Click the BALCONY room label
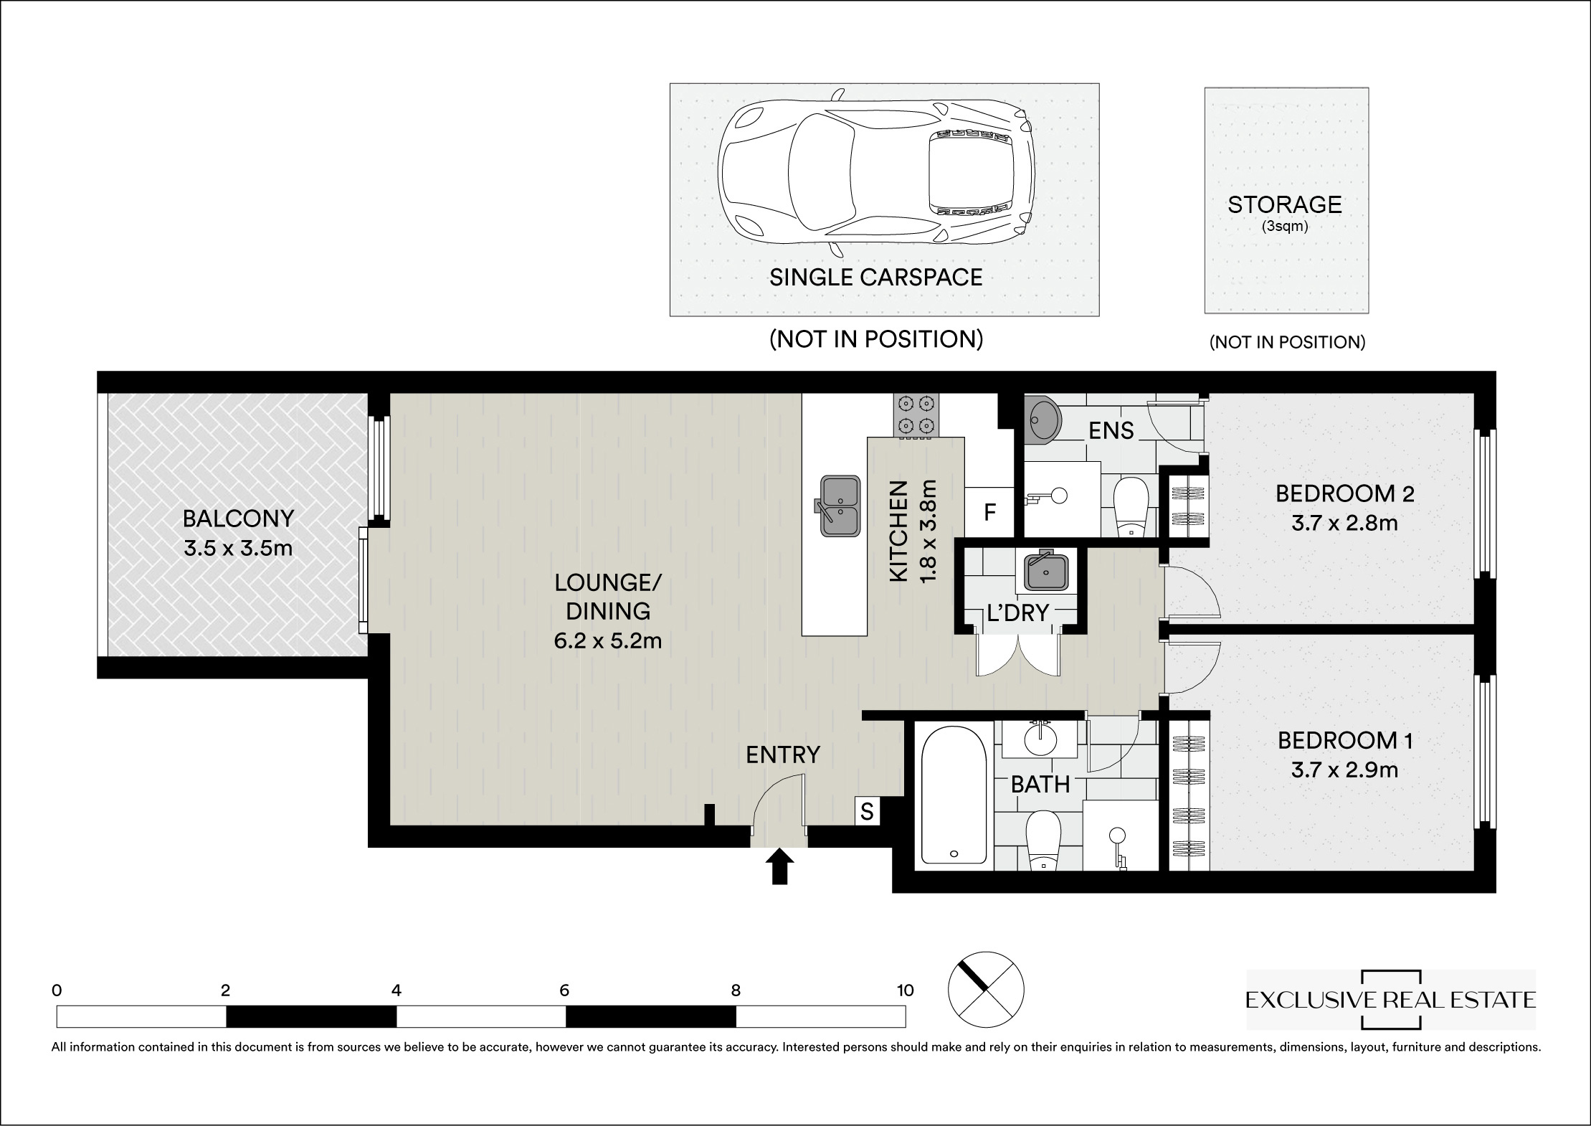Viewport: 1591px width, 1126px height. pyautogui.click(x=238, y=517)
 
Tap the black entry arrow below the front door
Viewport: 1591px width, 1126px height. pyautogui.click(x=779, y=866)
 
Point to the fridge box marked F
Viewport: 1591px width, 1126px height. pyautogui.click(x=989, y=511)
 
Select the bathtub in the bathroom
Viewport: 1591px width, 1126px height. pyautogui.click(x=954, y=796)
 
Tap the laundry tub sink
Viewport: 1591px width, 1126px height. pyautogui.click(x=1047, y=570)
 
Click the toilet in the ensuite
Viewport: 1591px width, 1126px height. pyautogui.click(x=1132, y=507)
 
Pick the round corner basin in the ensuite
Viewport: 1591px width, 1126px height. pyautogui.click(x=1043, y=420)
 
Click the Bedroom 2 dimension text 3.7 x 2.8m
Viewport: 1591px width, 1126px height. pyautogui.click(x=1344, y=523)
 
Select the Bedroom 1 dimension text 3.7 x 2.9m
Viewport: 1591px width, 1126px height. pyautogui.click(x=1344, y=770)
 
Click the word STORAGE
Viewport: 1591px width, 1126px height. pyautogui.click(x=1285, y=205)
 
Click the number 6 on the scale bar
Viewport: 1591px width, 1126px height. pyautogui.click(x=564, y=990)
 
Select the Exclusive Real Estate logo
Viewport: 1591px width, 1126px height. pyautogui.click(x=1391, y=1000)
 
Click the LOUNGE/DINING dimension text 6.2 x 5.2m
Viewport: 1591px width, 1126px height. pyautogui.click(x=607, y=640)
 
